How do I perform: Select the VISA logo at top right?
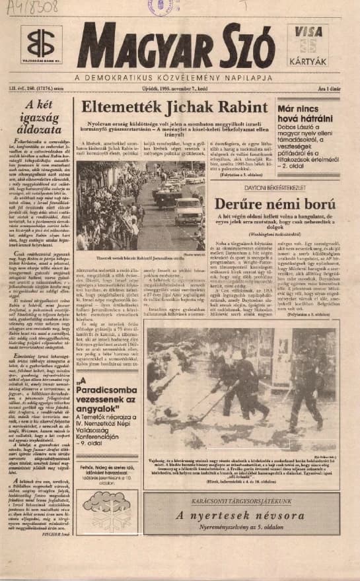(308, 32)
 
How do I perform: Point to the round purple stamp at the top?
(161, 7)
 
